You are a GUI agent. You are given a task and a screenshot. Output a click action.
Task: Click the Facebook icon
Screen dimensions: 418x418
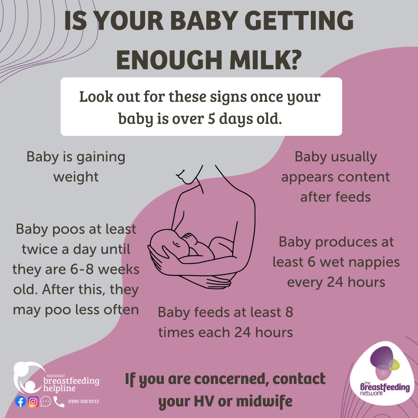[x=21, y=402]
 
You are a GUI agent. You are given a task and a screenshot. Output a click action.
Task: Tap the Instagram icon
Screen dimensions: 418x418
[x=33, y=402]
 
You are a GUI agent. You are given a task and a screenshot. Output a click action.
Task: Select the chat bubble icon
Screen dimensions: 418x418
[x=46, y=402]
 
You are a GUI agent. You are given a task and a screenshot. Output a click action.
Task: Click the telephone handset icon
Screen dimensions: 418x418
[x=59, y=402]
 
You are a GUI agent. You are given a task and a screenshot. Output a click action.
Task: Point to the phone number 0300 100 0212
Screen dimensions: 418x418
[x=83, y=402]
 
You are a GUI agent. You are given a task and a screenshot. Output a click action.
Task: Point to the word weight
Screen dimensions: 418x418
[x=76, y=177]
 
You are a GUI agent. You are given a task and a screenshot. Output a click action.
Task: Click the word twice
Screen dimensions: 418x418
[x=41, y=249]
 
